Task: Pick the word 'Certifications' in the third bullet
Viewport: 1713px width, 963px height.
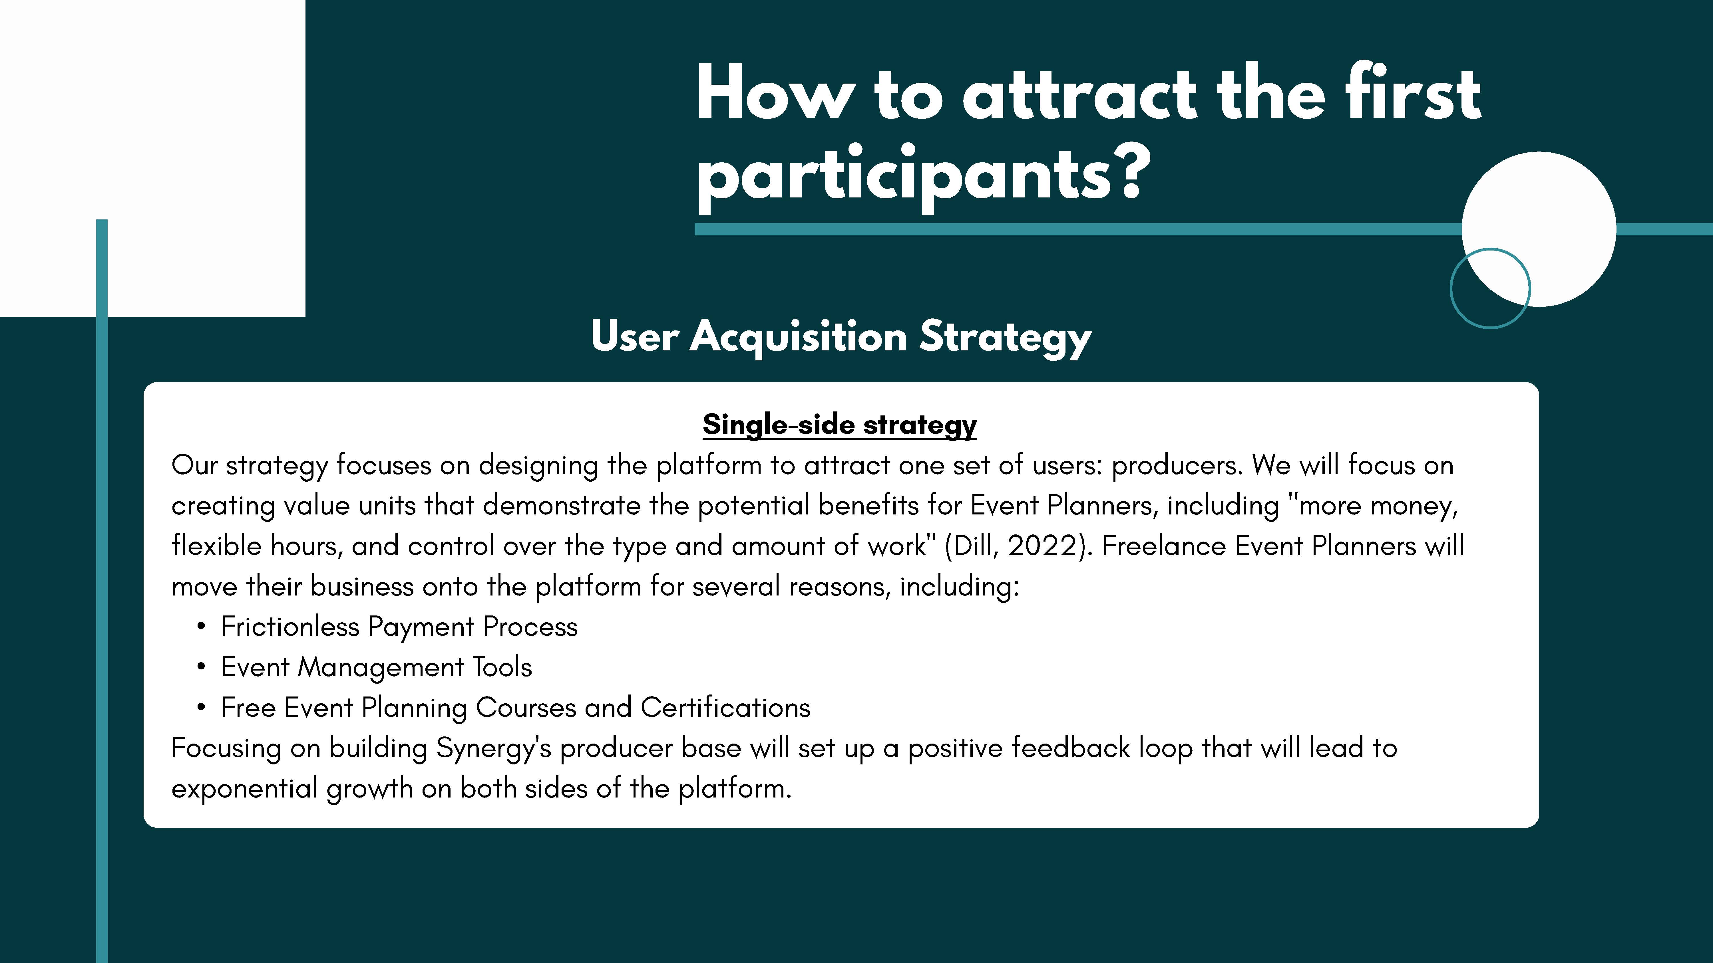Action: (725, 708)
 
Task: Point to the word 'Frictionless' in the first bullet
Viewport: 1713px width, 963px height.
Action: (290, 627)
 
